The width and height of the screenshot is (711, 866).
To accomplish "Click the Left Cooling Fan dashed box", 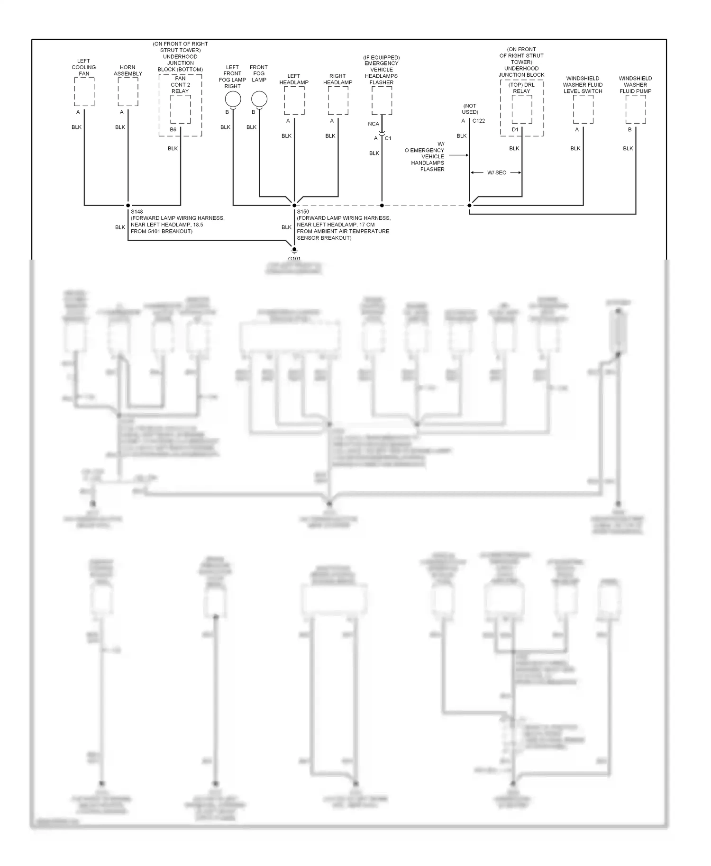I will click(x=84, y=92).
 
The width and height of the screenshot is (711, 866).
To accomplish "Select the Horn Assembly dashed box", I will click(x=128, y=92).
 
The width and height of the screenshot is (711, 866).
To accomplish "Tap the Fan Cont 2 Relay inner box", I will click(x=181, y=109).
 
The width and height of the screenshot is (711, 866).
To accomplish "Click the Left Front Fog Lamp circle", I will click(x=233, y=99).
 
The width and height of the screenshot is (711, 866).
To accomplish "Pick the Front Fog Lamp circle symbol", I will click(x=259, y=99).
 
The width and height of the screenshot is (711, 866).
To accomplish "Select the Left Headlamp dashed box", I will click(x=294, y=100).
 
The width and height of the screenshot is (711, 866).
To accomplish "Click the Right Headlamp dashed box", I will click(x=338, y=100).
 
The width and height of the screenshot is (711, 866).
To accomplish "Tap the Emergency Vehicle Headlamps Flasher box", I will click(x=382, y=100).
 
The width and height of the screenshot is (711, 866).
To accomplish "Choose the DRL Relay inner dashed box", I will click(x=522, y=109).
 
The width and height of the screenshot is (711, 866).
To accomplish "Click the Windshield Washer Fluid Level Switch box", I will click(x=583, y=109).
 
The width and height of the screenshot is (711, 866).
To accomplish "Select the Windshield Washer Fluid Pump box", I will click(x=636, y=109).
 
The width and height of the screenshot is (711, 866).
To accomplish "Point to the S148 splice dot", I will click(x=128, y=206).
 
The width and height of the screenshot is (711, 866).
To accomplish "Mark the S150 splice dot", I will click(x=294, y=206).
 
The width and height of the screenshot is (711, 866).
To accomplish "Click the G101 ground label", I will click(x=294, y=259).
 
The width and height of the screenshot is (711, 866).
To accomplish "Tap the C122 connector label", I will click(x=479, y=121).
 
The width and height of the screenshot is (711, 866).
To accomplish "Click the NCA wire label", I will click(x=374, y=124).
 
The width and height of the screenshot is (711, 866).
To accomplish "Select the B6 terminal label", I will click(x=173, y=130).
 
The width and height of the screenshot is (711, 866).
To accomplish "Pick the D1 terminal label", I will click(x=515, y=130).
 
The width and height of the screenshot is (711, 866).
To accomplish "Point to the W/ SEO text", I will click(x=497, y=173).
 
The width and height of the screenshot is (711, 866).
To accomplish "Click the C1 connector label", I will click(x=388, y=138).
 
